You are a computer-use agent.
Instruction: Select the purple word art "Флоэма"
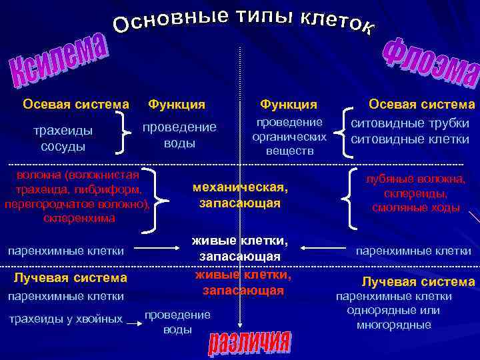pyautogui.click(x=430, y=63)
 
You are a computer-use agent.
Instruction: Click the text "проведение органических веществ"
pyautogui.click(x=289, y=137)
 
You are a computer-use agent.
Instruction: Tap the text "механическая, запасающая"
pyautogui.click(x=239, y=195)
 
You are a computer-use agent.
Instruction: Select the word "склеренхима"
pyautogui.click(x=78, y=218)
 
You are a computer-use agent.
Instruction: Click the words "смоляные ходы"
pyautogui.click(x=415, y=207)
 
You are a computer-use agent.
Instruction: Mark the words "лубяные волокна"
pyautogui.click(x=415, y=179)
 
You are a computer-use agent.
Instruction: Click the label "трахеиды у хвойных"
pyautogui.click(x=65, y=319)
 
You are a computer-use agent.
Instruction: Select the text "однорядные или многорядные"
pyautogui.click(x=393, y=318)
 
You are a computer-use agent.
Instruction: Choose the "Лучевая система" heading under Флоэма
pyautogui.click(x=418, y=282)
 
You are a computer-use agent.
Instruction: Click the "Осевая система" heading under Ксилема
pyautogui.click(x=75, y=104)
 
